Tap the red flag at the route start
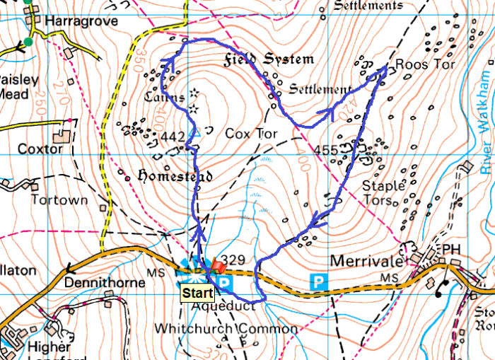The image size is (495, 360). point(215,267)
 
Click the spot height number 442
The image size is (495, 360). point(173,136)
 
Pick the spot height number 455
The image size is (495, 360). point(326,150)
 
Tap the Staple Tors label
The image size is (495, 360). point(383,192)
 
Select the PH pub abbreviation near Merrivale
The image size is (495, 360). point(450,250)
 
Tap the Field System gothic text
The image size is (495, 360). point(269,59)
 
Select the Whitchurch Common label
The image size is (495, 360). point(226,329)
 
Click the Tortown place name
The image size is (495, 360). point(59,199)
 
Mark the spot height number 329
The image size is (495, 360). point(233,260)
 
